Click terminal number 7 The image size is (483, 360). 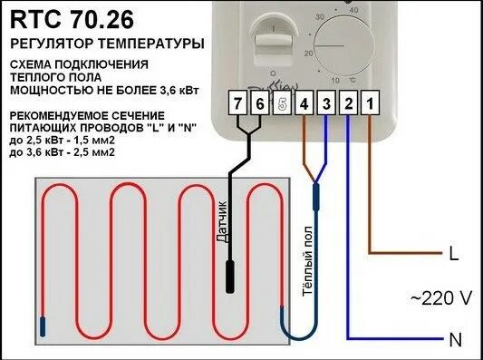click(237, 105)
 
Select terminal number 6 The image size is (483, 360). click(259, 105)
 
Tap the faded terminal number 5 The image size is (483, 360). click(282, 105)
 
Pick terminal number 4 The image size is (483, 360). click(304, 105)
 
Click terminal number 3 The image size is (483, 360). click(326, 105)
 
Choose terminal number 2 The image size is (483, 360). click(348, 105)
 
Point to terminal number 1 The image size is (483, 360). click(370, 105)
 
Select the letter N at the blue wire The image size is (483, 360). click(453, 340)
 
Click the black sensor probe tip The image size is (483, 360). click(231, 277)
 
